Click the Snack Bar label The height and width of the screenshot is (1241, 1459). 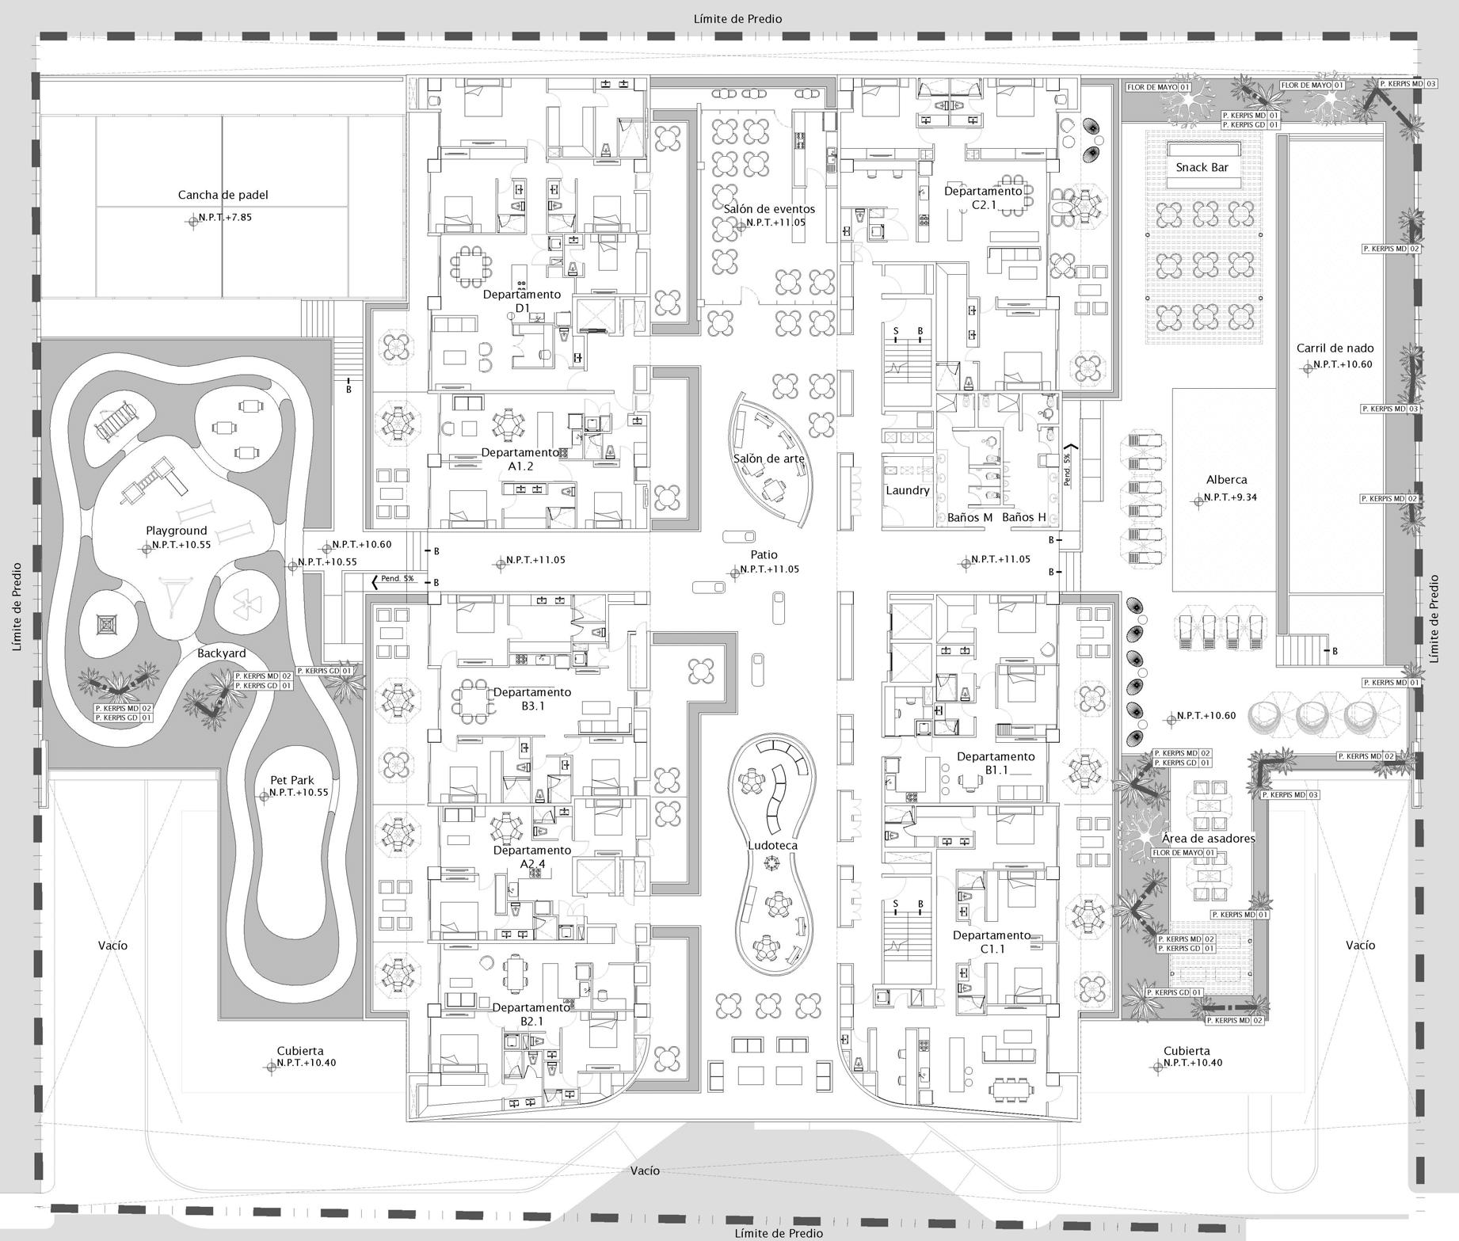1202,167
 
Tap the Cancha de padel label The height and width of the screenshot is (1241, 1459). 217,195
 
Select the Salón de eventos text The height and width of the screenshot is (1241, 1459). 768,209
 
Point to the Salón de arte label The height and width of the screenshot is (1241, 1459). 768,459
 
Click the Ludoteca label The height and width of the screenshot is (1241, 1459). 772,845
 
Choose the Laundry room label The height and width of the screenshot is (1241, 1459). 907,490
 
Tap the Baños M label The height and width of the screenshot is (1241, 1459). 969,517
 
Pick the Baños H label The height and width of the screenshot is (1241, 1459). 1024,517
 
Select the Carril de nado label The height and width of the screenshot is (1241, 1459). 1335,348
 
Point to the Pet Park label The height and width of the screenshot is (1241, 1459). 292,780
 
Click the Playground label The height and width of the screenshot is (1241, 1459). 176,531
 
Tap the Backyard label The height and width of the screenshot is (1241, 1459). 221,653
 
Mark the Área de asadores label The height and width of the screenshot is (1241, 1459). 1208,838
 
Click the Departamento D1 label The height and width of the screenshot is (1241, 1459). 521,301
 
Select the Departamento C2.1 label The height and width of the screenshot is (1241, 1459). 983,198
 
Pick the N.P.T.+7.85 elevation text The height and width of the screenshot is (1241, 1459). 225,217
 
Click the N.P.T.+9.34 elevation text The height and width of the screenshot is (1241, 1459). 1230,497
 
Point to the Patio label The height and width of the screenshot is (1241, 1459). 764,554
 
